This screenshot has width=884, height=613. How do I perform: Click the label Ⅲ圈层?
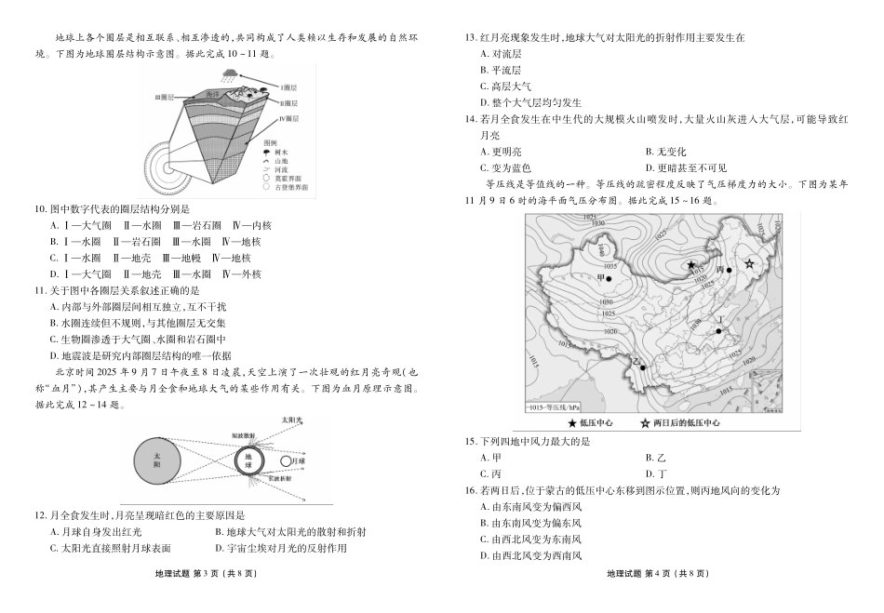[x=166, y=96]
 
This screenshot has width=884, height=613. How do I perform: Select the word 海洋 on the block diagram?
[x=213, y=95]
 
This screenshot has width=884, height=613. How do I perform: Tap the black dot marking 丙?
[x=729, y=270]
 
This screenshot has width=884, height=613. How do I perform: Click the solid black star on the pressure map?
[x=691, y=265]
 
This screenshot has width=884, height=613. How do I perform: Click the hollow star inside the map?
[x=749, y=264]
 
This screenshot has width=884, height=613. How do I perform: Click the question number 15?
[x=470, y=442]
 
